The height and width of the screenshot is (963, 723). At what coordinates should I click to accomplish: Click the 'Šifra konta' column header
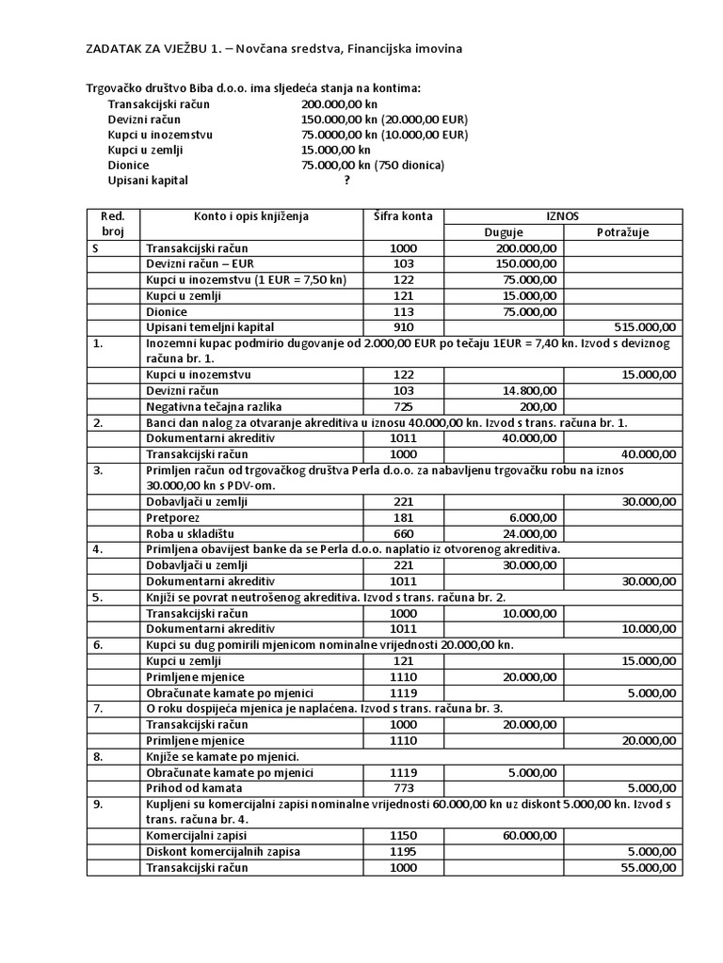point(403,216)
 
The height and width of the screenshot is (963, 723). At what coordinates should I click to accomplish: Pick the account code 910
point(403,327)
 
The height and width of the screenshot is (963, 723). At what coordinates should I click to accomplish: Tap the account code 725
point(403,406)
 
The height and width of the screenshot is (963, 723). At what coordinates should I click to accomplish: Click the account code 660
point(403,533)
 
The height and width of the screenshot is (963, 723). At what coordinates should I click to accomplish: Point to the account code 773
point(403,787)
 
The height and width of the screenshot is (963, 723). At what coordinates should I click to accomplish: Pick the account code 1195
point(403,850)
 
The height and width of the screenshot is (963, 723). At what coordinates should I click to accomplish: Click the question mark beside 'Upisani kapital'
point(347,180)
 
